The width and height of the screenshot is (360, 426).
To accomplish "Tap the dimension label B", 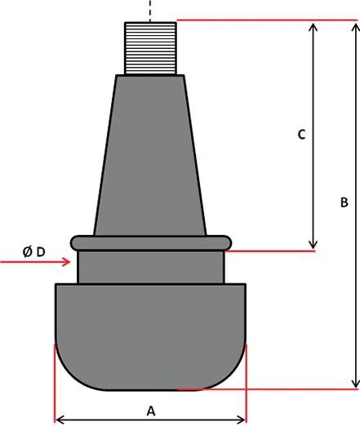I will coord(344,202).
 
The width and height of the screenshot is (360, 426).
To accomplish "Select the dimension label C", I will coord(300,134).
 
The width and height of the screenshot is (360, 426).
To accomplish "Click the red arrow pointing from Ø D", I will coord(37,262).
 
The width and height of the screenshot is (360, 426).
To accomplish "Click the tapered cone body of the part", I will coord(150,155).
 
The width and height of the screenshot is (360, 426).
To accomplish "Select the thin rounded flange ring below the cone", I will coord(150,242).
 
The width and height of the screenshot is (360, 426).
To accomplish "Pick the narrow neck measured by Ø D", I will coord(150,266).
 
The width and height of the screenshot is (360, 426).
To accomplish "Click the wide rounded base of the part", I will coord(150,335).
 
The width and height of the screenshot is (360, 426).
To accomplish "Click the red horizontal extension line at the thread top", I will coord(261,20).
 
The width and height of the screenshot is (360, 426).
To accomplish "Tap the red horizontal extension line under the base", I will coord(269,389).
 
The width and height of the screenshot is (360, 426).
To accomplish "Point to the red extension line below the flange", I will coord(269,251).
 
